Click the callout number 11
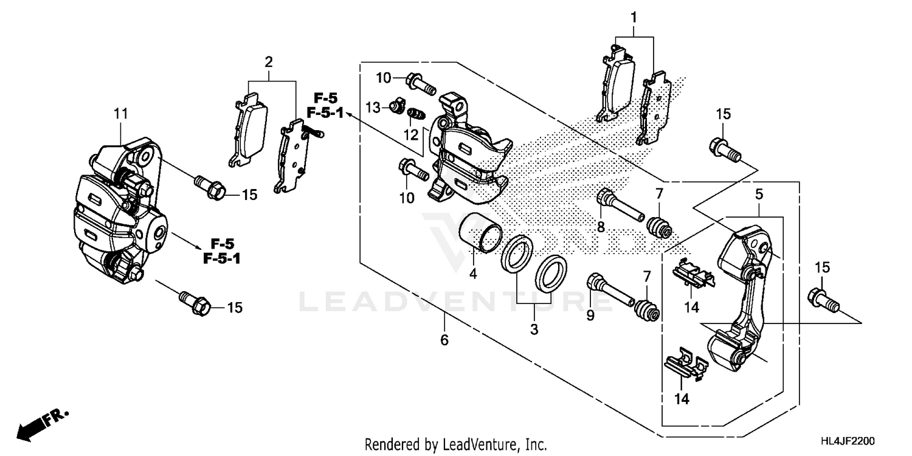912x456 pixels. coord(120,113)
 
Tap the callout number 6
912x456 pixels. coord(444,340)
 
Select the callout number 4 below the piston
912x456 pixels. coord(472,274)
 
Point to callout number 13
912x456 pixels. coord(373,108)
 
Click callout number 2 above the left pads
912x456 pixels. coord(268,61)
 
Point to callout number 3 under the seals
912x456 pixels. coord(534,330)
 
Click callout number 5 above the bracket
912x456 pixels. coord(759,195)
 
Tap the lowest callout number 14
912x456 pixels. coord(682,399)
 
